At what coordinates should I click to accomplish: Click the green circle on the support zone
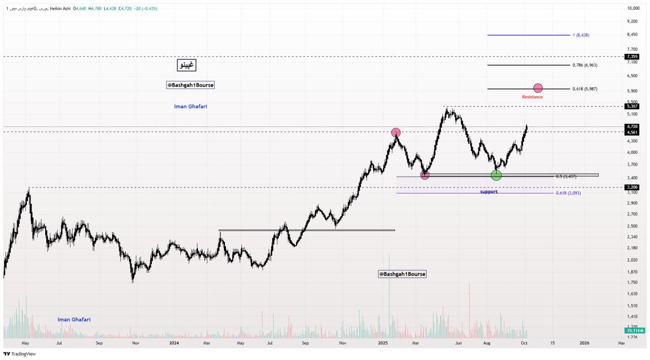tap(496, 175)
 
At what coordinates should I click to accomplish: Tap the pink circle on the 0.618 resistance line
tap(538, 88)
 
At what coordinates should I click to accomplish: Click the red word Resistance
tap(532, 97)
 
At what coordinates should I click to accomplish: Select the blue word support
tap(489, 192)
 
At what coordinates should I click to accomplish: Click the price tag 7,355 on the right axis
tap(632, 56)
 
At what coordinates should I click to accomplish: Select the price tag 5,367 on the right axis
tap(632, 106)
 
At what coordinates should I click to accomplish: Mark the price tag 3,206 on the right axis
tap(632, 187)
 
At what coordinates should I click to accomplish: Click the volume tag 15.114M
tap(634, 331)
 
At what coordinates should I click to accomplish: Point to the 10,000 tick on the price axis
tap(633, 8)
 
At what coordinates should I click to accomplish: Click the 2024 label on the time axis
tap(174, 343)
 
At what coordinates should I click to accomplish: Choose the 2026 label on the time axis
tap(584, 343)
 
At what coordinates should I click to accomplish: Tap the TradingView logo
tap(20, 354)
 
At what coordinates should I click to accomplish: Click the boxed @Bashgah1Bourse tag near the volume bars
tap(402, 274)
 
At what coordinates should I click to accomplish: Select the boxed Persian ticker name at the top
tap(186, 65)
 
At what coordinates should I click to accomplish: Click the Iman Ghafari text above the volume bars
tap(74, 319)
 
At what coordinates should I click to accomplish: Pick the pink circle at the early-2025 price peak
tap(396, 133)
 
